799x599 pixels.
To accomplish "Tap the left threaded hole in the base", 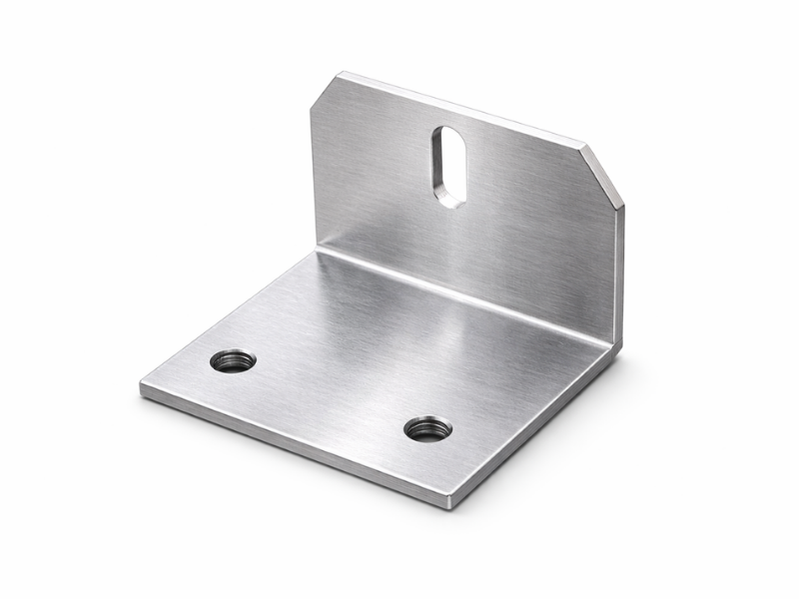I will pyautogui.click(x=233, y=360).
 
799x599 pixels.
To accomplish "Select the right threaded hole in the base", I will pyautogui.click(x=427, y=429).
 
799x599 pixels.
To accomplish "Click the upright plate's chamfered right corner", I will pyautogui.click(x=603, y=175).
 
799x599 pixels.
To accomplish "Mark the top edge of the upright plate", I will pyautogui.click(x=459, y=110).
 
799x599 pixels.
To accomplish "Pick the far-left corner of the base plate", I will pyautogui.click(x=141, y=384).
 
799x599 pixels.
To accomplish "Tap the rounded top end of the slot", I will pyautogui.click(x=448, y=133).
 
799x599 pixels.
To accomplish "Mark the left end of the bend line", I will pyautogui.click(x=318, y=250).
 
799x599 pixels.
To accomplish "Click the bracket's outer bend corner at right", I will pyautogui.click(x=615, y=347).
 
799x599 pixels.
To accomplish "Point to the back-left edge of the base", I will pyautogui.click(x=225, y=314).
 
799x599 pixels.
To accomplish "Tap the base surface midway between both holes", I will pyautogui.click(x=330, y=395).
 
